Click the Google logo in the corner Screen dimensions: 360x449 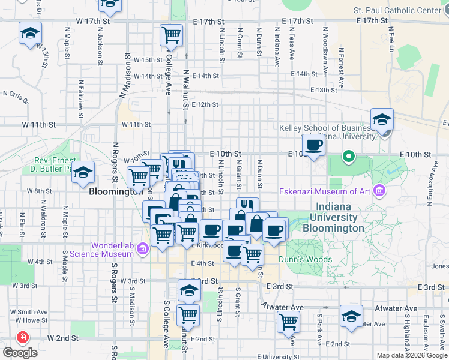[20, 353]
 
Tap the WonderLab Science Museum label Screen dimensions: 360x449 [100, 249]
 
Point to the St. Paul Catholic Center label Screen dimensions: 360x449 [397, 10]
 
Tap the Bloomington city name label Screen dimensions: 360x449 [113, 193]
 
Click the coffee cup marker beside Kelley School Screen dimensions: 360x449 [314, 145]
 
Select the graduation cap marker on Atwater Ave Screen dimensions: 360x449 [351, 314]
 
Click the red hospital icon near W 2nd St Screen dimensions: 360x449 [23, 337]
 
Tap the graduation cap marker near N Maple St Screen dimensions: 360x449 [83, 173]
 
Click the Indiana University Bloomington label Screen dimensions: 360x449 [333, 223]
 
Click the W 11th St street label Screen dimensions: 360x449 [40, 125]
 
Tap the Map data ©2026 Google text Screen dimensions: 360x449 [411, 355]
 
